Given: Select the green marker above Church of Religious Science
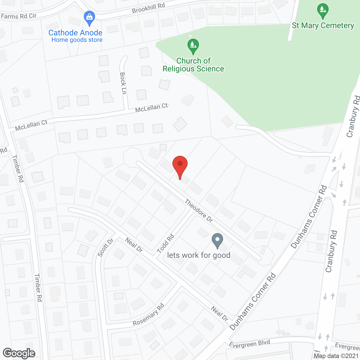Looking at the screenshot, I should [193, 46].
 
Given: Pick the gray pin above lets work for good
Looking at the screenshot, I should [217, 240].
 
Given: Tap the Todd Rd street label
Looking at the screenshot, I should [166, 244].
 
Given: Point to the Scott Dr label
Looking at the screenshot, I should [105, 247].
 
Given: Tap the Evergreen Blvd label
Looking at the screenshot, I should [249, 344].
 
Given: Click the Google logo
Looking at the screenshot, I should [19, 353].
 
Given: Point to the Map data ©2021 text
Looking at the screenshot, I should [336, 356].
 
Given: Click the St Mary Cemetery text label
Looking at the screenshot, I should [323, 26].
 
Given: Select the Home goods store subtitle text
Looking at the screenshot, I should [77, 40].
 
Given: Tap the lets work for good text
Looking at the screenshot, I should [199, 255].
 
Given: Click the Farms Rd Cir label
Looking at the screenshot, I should [19, 16].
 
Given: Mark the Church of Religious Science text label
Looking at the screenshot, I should [193, 65].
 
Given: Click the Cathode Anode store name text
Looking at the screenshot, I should [75, 33].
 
